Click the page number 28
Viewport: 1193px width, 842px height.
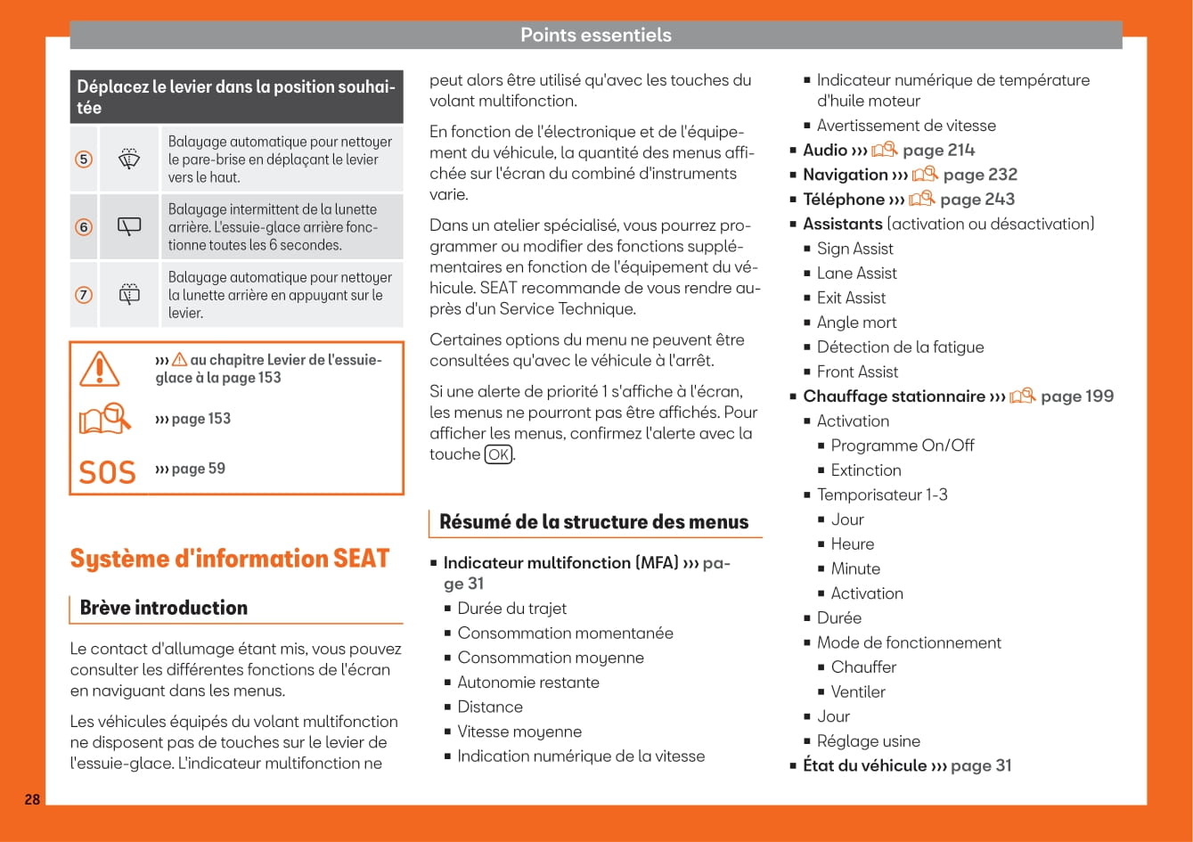point(32,799)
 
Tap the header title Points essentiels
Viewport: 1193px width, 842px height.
point(595,35)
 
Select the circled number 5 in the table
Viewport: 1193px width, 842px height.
point(84,159)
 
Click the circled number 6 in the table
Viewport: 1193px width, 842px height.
point(84,227)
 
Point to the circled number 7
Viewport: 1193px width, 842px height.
point(84,295)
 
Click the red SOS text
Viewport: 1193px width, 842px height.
point(107,471)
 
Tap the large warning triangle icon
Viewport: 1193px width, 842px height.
point(99,368)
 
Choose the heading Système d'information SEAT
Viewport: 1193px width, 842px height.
point(230,559)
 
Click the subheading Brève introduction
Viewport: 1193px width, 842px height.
point(164,608)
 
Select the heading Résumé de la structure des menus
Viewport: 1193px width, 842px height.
point(594,522)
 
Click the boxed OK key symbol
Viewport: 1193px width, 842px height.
point(499,455)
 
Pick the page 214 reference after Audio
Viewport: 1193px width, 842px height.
point(938,150)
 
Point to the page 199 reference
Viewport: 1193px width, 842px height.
point(1077,396)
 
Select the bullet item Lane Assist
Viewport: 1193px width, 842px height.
point(856,274)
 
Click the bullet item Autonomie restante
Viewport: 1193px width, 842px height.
point(528,683)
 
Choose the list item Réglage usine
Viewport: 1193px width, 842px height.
point(868,741)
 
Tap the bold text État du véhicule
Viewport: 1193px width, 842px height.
point(864,765)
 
